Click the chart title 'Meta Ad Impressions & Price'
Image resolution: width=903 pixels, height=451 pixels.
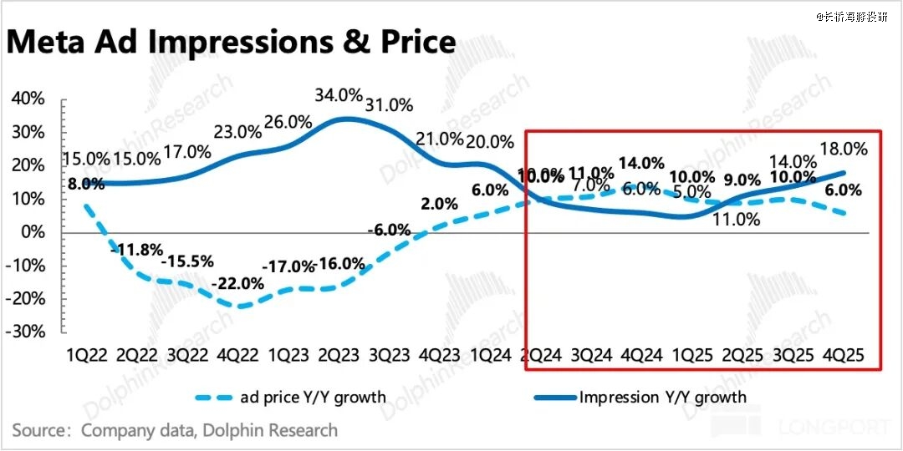[x=231, y=42]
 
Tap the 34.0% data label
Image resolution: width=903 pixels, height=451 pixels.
[x=339, y=94]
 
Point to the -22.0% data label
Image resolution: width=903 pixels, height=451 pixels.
[x=240, y=284]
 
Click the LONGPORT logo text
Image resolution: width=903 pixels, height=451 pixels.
[x=833, y=428]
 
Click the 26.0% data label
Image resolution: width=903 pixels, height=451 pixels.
[x=288, y=122]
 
